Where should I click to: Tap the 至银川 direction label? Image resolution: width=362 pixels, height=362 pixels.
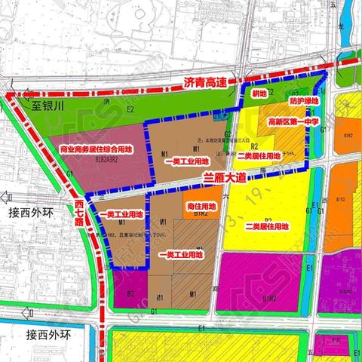tap(50, 107)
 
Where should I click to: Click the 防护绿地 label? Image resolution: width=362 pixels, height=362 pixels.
tap(304, 100)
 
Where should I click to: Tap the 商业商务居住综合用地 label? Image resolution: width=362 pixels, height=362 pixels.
tap(95, 149)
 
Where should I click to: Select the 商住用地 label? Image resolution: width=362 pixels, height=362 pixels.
tap(198, 204)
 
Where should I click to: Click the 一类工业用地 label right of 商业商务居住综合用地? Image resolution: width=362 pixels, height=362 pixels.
tap(179, 161)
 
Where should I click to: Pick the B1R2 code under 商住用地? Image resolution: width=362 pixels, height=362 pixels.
tap(201, 214)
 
